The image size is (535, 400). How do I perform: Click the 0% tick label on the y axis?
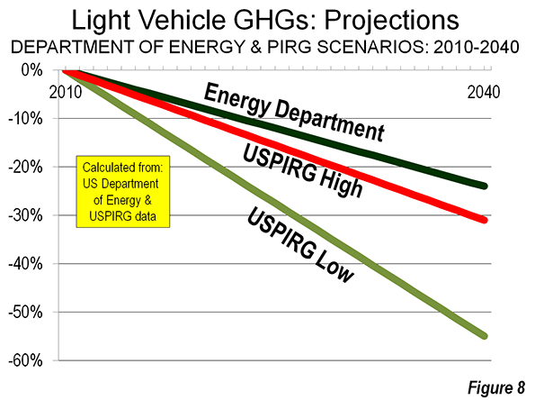[x=32, y=70]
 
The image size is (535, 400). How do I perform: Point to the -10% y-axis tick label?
[x=25, y=119]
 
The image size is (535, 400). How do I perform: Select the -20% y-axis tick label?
[x=25, y=168]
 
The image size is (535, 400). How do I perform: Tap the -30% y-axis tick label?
[x=25, y=215]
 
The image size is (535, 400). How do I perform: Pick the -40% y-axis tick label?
[x=25, y=264]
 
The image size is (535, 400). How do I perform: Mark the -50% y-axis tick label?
[x=25, y=313]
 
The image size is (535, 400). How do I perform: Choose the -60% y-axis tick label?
[x=25, y=360]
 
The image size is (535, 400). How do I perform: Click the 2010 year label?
[x=66, y=92]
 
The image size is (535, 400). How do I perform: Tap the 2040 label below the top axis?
[x=484, y=92]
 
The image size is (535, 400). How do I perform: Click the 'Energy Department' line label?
[x=294, y=112]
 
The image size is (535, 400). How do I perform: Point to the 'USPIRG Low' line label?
[x=299, y=245]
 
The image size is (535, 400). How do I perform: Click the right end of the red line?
[x=485, y=220]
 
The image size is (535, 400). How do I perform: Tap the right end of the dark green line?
[x=485, y=186]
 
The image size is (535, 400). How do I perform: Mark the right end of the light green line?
[x=485, y=336]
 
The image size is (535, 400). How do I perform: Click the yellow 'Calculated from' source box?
[x=123, y=192]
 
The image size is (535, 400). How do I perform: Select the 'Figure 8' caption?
[x=496, y=387]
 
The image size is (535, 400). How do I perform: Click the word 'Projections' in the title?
[x=392, y=21]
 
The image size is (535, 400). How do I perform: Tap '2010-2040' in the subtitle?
[x=477, y=47]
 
